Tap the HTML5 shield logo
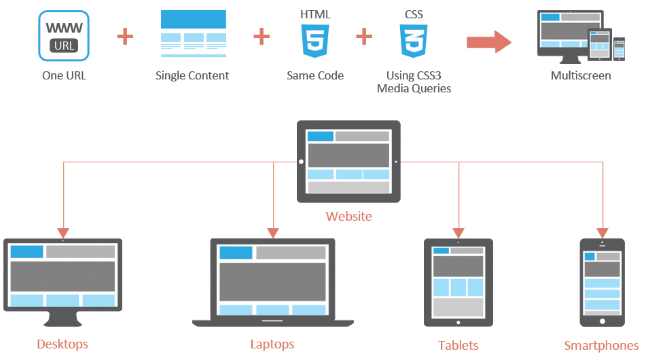pyautogui.click(x=314, y=41)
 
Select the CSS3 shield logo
pyautogui.click(x=413, y=41)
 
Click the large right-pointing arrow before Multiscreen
pyautogui.click(x=488, y=41)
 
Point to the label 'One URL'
pyautogui.click(x=64, y=75)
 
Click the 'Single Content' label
pyautogui.click(x=192, y=75)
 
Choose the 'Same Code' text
pyautogui.click(x=315, y=75)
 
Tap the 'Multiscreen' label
pyautogui.click(x=581, y=75)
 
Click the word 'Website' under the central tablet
pyautogui.click(x=348, y=217)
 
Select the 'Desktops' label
pyautogui.click(x=62, y=344)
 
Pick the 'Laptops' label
pyautogui.click(x=272, y=344)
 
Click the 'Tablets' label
pyautogui.click(x=458, y=346)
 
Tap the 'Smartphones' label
pyautogui.click(x=601, y=346)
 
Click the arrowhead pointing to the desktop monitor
pyautogui.click(x=62, y=232)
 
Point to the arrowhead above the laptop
pyautogui.click(x=273, y=232)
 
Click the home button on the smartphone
pyautogui.click(x=601, y=320)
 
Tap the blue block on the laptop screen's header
pyautogui.click(x=236, y=253)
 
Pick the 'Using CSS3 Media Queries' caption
pyautogui.click(x=414, y=82)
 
